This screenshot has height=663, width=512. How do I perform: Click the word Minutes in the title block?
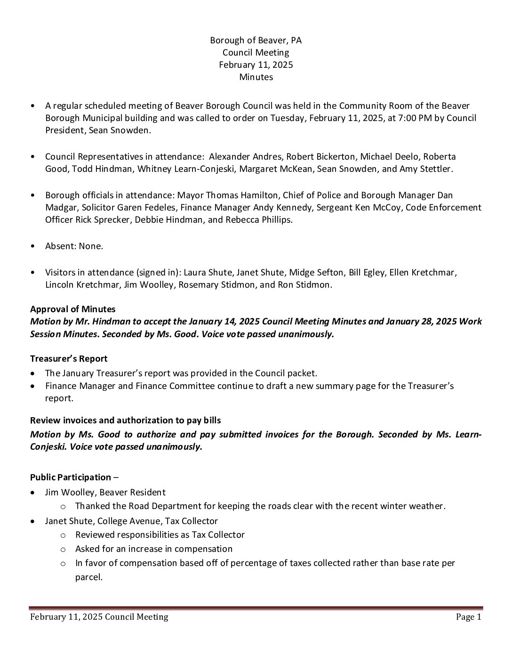[x=256, y=77]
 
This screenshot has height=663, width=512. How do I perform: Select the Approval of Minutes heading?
[x=72, y=309]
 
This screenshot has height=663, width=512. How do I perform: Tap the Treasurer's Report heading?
[x=69, y=358]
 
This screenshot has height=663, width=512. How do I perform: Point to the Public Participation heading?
[x=71, y=477]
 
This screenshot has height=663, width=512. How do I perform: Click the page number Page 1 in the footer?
[x=468, y=616]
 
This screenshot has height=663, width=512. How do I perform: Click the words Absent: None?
[x=74, y=246]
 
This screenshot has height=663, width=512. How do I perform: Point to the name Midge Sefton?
[x=316, y=272]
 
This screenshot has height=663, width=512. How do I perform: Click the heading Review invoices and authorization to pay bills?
[x=125, y=420]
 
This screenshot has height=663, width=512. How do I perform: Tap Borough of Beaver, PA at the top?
[x=256, y=40]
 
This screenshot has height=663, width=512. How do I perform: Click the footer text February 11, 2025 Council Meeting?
[x=99, y=616]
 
